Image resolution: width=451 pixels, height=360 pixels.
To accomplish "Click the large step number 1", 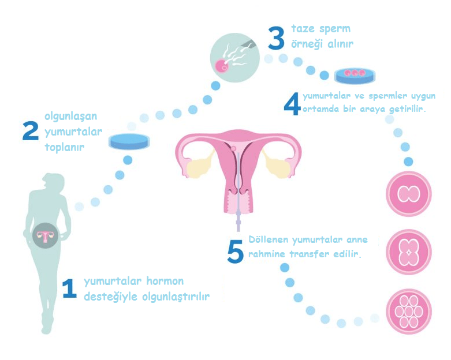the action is pyautogui.click(x=70, y=288).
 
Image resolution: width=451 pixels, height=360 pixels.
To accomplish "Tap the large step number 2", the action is pyautogui.click(x=31, y=131).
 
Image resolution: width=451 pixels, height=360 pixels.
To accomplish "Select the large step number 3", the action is pyautogui.click(x=276, y=38).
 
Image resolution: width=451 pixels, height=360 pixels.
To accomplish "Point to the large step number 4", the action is pyautogui.click(x=292, y=104).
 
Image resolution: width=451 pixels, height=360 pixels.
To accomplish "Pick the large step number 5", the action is pyautogui.click(x=235, y=252).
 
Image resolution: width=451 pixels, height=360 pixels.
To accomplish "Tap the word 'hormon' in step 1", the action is pyautogui.click(x=165, y=281).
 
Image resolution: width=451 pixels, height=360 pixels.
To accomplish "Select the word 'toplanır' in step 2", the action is pyautogui.click(x=65, y=147).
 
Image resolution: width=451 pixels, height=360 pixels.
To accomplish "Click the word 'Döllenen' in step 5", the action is pyautogui.click(x=268, y=239).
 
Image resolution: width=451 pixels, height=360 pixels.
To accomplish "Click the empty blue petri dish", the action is pyautogui.click(x=129, y=141).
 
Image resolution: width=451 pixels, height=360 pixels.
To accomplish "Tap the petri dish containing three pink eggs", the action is pyautogui.click(x=355, y=76).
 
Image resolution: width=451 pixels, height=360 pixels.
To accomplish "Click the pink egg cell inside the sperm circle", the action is pyautogui.click(x=222, y=66).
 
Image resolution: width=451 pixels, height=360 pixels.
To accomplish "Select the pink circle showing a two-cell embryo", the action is pyautogui.click(x=408, y=194).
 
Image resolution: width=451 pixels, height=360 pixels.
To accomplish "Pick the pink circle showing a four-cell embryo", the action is pyautogui.click(x=408, y=252).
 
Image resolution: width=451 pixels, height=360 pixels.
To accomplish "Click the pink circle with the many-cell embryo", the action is pyautogui.click(x=408, y=311).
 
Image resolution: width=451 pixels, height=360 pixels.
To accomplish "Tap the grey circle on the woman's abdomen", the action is pyautogui.click(x=45, y=235).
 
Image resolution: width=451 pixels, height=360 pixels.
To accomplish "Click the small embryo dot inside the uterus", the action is pyautogui.click(x=233, y=148).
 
